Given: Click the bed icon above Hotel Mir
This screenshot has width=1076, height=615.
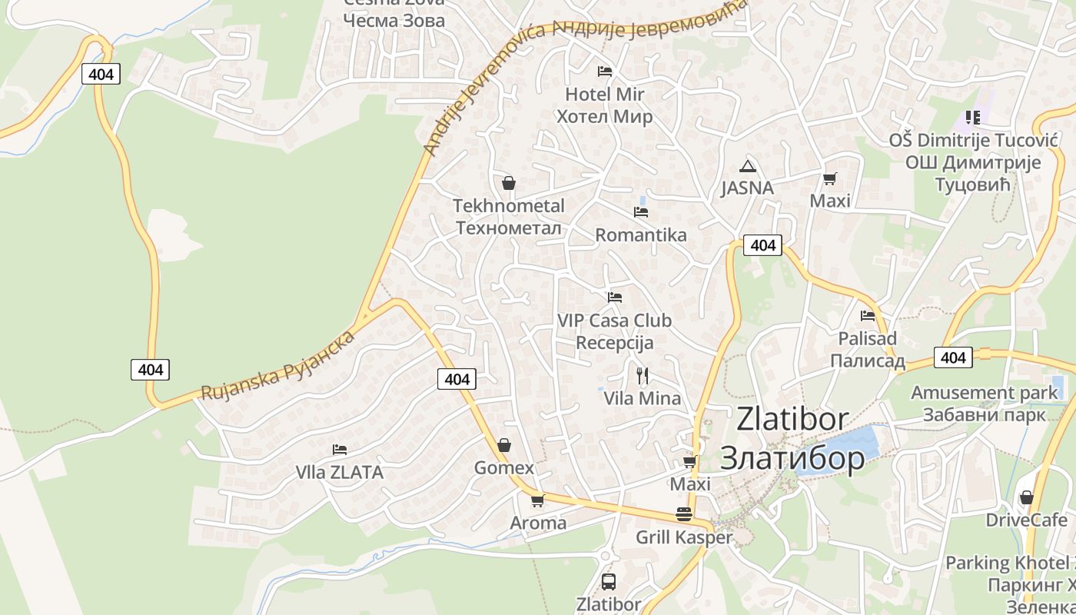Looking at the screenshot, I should [605, 71].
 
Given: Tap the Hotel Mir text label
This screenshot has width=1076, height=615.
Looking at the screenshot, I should [604, 95].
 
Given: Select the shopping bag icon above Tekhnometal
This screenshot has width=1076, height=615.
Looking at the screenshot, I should [508, 183].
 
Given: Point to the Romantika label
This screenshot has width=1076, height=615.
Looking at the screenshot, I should [641, 235].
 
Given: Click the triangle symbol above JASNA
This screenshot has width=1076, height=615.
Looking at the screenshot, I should [747, 166].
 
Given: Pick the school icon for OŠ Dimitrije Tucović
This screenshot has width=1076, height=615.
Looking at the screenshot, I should [973, 118].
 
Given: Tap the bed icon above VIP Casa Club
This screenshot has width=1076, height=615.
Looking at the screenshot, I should [614, 297].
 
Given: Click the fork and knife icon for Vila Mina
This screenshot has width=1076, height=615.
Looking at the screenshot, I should [643, 375].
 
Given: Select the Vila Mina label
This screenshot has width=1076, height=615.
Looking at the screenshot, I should [643, 398].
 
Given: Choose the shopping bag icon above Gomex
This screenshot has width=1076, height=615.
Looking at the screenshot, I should [504, 445].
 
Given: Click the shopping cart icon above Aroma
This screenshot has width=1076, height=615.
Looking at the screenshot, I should [537, 500].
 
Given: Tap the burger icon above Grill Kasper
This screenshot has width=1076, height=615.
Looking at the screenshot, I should [684, 514].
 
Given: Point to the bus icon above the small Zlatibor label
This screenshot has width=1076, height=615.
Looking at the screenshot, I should [609, 581].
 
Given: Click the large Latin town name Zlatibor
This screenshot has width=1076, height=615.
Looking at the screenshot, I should [792, 420].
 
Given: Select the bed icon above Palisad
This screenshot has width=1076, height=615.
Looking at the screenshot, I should [868, 315].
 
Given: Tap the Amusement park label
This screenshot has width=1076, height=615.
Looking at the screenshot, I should [984, 393].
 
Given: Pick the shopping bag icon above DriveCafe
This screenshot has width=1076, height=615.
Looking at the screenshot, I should [1026, 497].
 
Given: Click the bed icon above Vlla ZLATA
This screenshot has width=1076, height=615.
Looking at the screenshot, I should [339, 449].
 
